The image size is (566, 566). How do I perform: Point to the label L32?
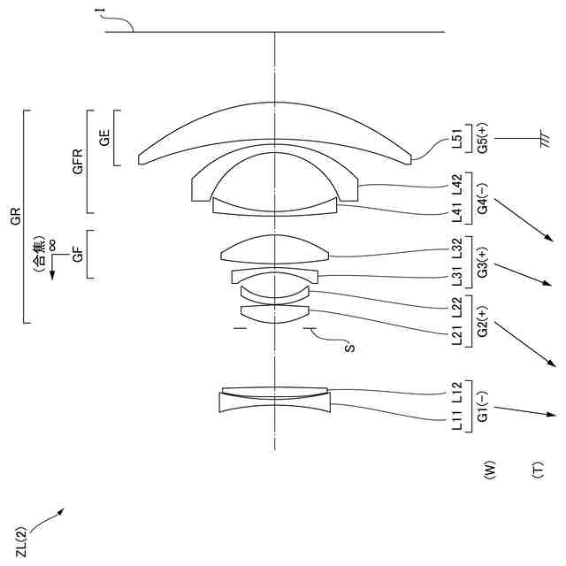pos(457,250)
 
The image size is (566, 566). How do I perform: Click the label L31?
pos(457,279)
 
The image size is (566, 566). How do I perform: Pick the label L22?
pos(457,307)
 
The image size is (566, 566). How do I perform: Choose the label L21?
pos(457,335)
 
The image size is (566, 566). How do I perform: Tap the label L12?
pos(457,392)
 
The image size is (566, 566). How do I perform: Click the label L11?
pos(457,420)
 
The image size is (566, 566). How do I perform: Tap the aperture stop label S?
pos(349,348)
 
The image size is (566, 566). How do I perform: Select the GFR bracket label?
pos(79,162)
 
